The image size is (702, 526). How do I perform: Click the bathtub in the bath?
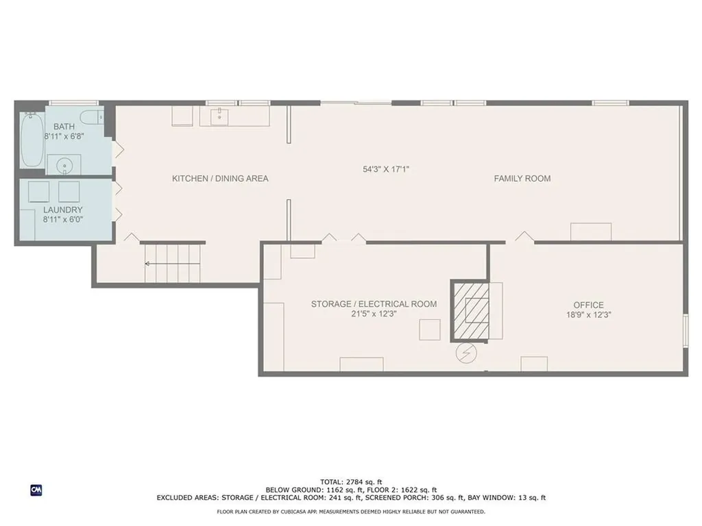[32, 139]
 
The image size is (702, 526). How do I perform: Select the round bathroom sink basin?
[64, 166]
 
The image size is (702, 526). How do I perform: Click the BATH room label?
[64, 127]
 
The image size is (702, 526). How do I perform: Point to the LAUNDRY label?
[62, 210]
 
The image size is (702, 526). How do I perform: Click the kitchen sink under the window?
[219, 116]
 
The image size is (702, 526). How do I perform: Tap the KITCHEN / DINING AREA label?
[220, 179]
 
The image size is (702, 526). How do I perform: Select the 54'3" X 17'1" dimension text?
[386, 169]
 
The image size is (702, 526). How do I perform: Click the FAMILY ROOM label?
[522, 179]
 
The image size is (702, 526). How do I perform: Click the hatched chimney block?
[471, 310]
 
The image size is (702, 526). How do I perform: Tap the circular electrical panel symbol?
[466, 353]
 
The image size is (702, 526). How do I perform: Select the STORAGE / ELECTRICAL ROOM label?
[374, 304]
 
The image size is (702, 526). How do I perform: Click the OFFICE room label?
[588, 305]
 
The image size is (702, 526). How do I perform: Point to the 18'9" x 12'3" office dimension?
[588, 315]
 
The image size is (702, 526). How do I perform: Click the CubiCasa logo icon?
[36, 490]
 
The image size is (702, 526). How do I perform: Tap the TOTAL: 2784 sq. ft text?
[351, 482]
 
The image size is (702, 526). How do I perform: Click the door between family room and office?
[524, 237]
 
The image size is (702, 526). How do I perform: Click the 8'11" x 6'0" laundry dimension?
[62, 220]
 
